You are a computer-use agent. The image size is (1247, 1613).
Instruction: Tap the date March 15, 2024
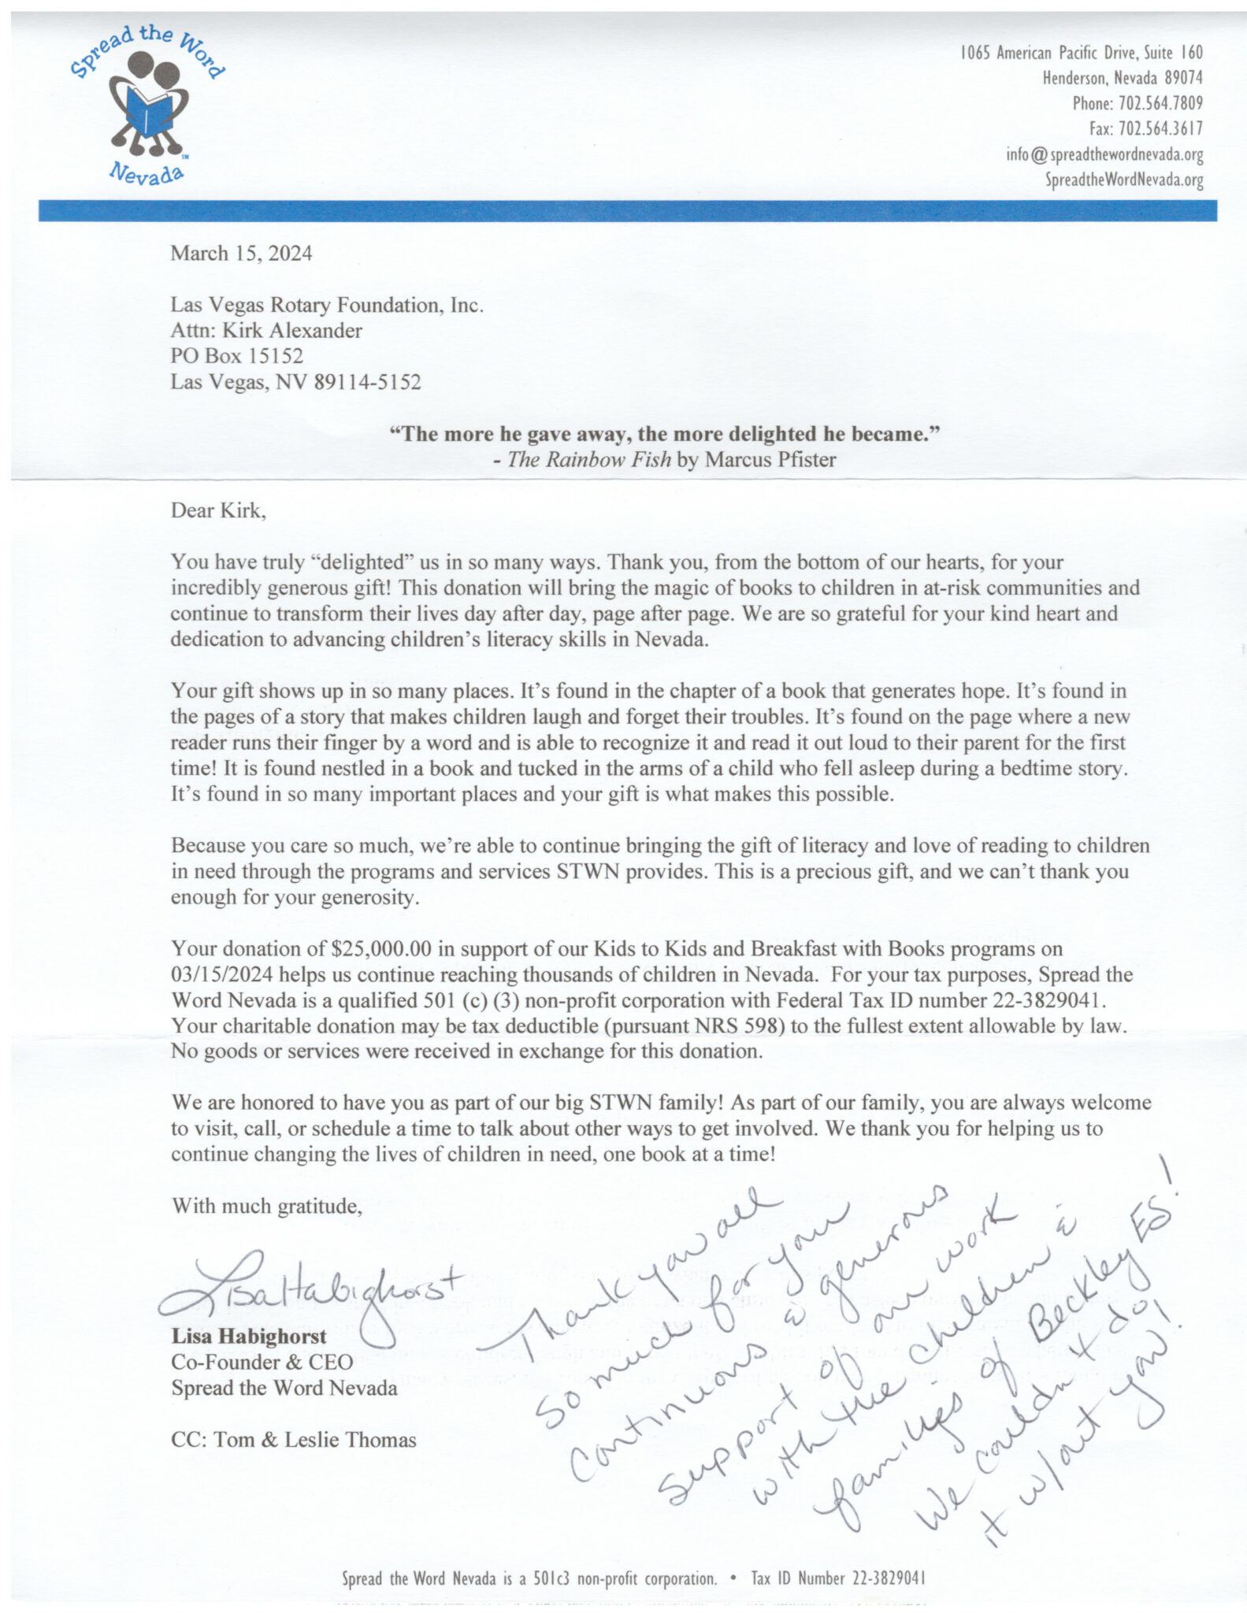(x=241, y=254)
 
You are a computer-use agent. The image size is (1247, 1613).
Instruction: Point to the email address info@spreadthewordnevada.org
(x=1104, y=154)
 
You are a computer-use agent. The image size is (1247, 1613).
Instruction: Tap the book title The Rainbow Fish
(x=589, y=460)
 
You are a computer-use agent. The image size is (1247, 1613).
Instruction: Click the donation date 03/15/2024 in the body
(x=222, y=974)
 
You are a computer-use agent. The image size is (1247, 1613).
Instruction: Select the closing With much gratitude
(x=267, y=1207)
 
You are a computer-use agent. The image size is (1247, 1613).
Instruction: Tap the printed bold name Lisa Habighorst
(x=249, y=1337)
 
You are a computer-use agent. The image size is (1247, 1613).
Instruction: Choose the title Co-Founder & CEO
(x=262, y=1363)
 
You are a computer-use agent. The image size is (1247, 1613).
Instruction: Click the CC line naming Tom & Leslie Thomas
(x=294, y=1440)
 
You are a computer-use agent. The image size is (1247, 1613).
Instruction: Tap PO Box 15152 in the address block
(x=237, y=357)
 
